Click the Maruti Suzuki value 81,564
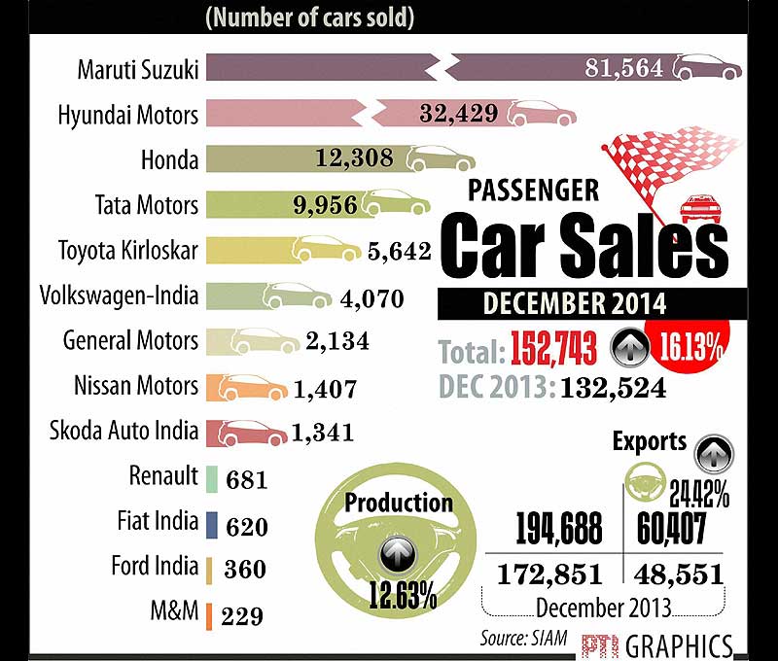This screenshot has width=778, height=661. tap(623, 68)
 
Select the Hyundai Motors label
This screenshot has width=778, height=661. tap(127, 115)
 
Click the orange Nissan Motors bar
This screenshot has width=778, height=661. tap(253, 386)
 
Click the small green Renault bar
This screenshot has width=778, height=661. tap(211, 477)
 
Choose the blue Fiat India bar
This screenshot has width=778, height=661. tap(211, 523)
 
